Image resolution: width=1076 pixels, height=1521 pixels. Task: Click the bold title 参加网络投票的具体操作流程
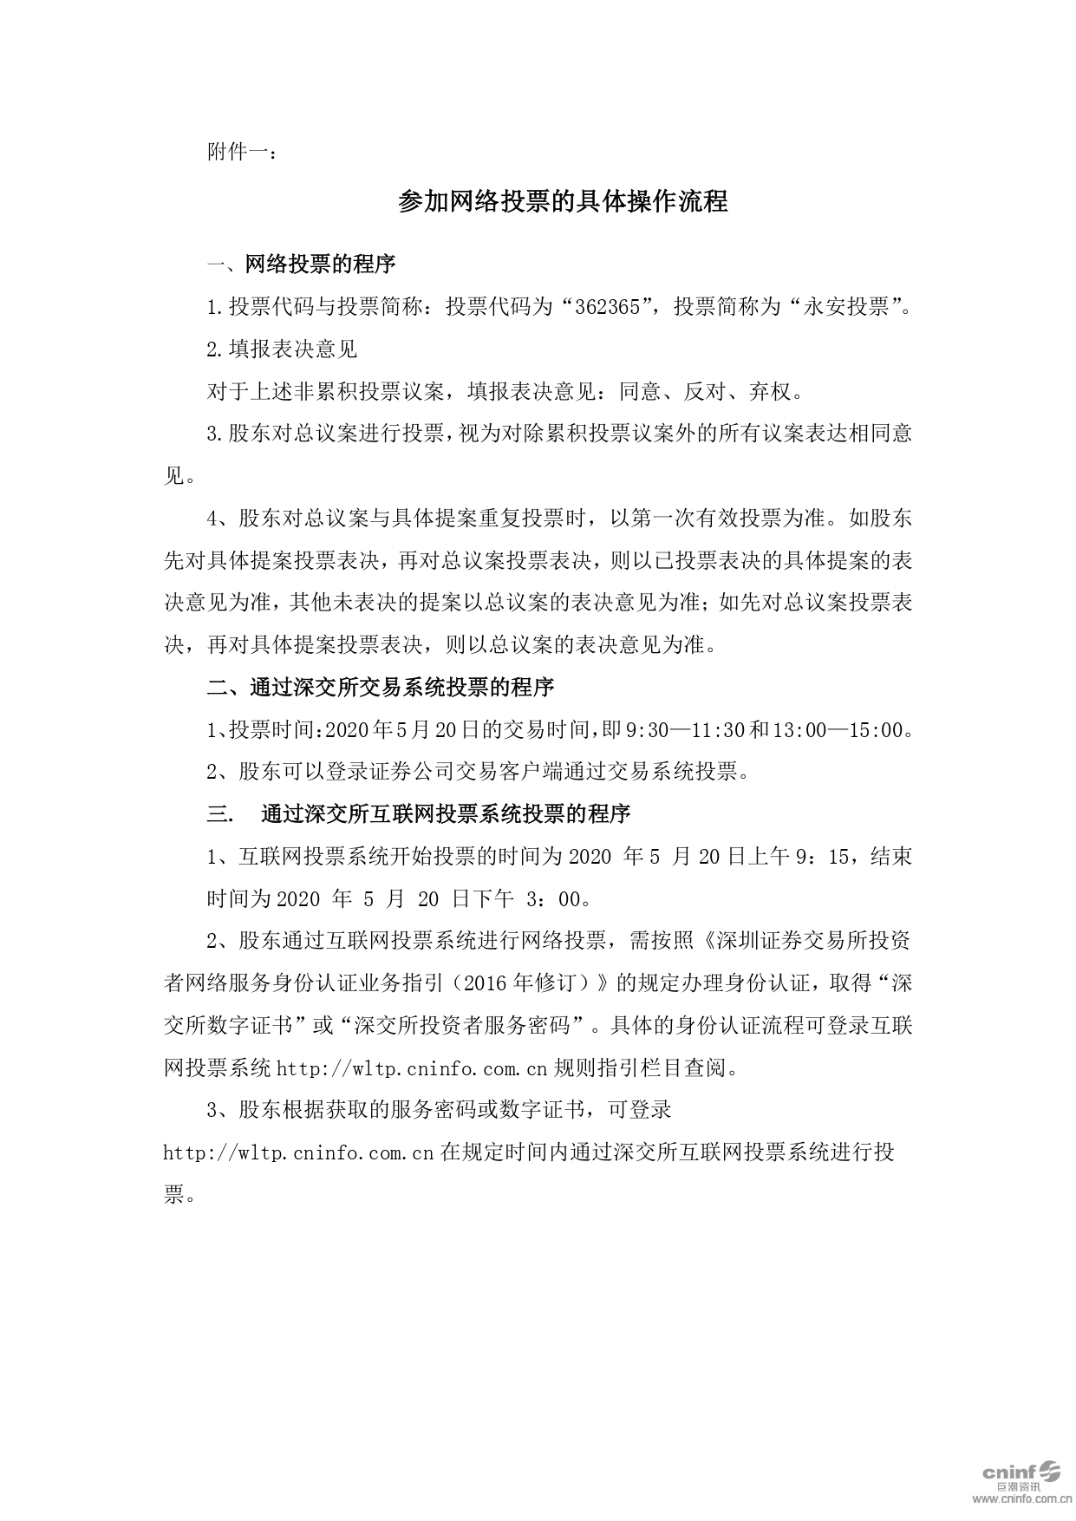pos(563,202)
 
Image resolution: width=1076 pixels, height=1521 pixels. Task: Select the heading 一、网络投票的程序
pos(301,264)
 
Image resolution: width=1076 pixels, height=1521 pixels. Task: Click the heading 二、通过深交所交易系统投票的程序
pos(380,688)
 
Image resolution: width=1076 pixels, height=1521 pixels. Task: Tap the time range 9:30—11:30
pos(685,730)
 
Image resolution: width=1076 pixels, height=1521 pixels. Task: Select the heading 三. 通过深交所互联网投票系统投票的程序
pos(418,814)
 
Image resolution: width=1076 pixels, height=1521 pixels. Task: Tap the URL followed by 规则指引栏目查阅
pos(411,1068)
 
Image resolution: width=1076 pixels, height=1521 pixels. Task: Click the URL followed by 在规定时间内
pos(298,1153)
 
